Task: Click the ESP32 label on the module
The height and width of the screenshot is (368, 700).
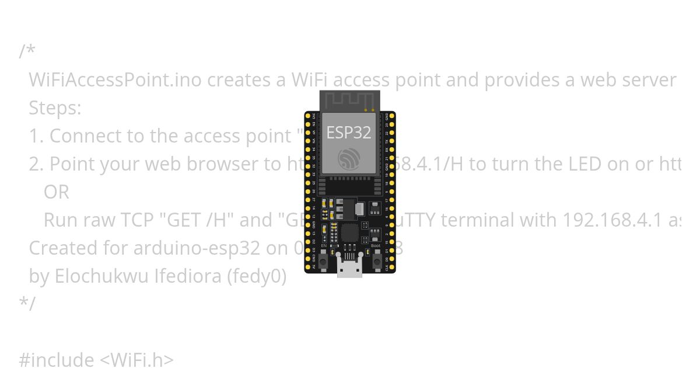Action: pos(348,133)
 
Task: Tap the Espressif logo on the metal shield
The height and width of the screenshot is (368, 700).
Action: pos(349,159)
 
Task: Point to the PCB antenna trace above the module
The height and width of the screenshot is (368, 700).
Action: pos(348,101)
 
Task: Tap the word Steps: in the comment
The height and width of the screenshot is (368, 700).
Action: pos(55,108)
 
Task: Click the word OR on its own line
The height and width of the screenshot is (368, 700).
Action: pos(56,192)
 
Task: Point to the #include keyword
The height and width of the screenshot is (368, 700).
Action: pos(56,360)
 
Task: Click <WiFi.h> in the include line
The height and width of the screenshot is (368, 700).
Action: pos(136,360)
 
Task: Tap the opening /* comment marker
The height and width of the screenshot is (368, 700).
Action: pos(27,51)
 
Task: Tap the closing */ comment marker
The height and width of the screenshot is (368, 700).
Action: pos(27,304)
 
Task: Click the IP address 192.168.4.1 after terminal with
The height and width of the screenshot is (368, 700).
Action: pos(612,220)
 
